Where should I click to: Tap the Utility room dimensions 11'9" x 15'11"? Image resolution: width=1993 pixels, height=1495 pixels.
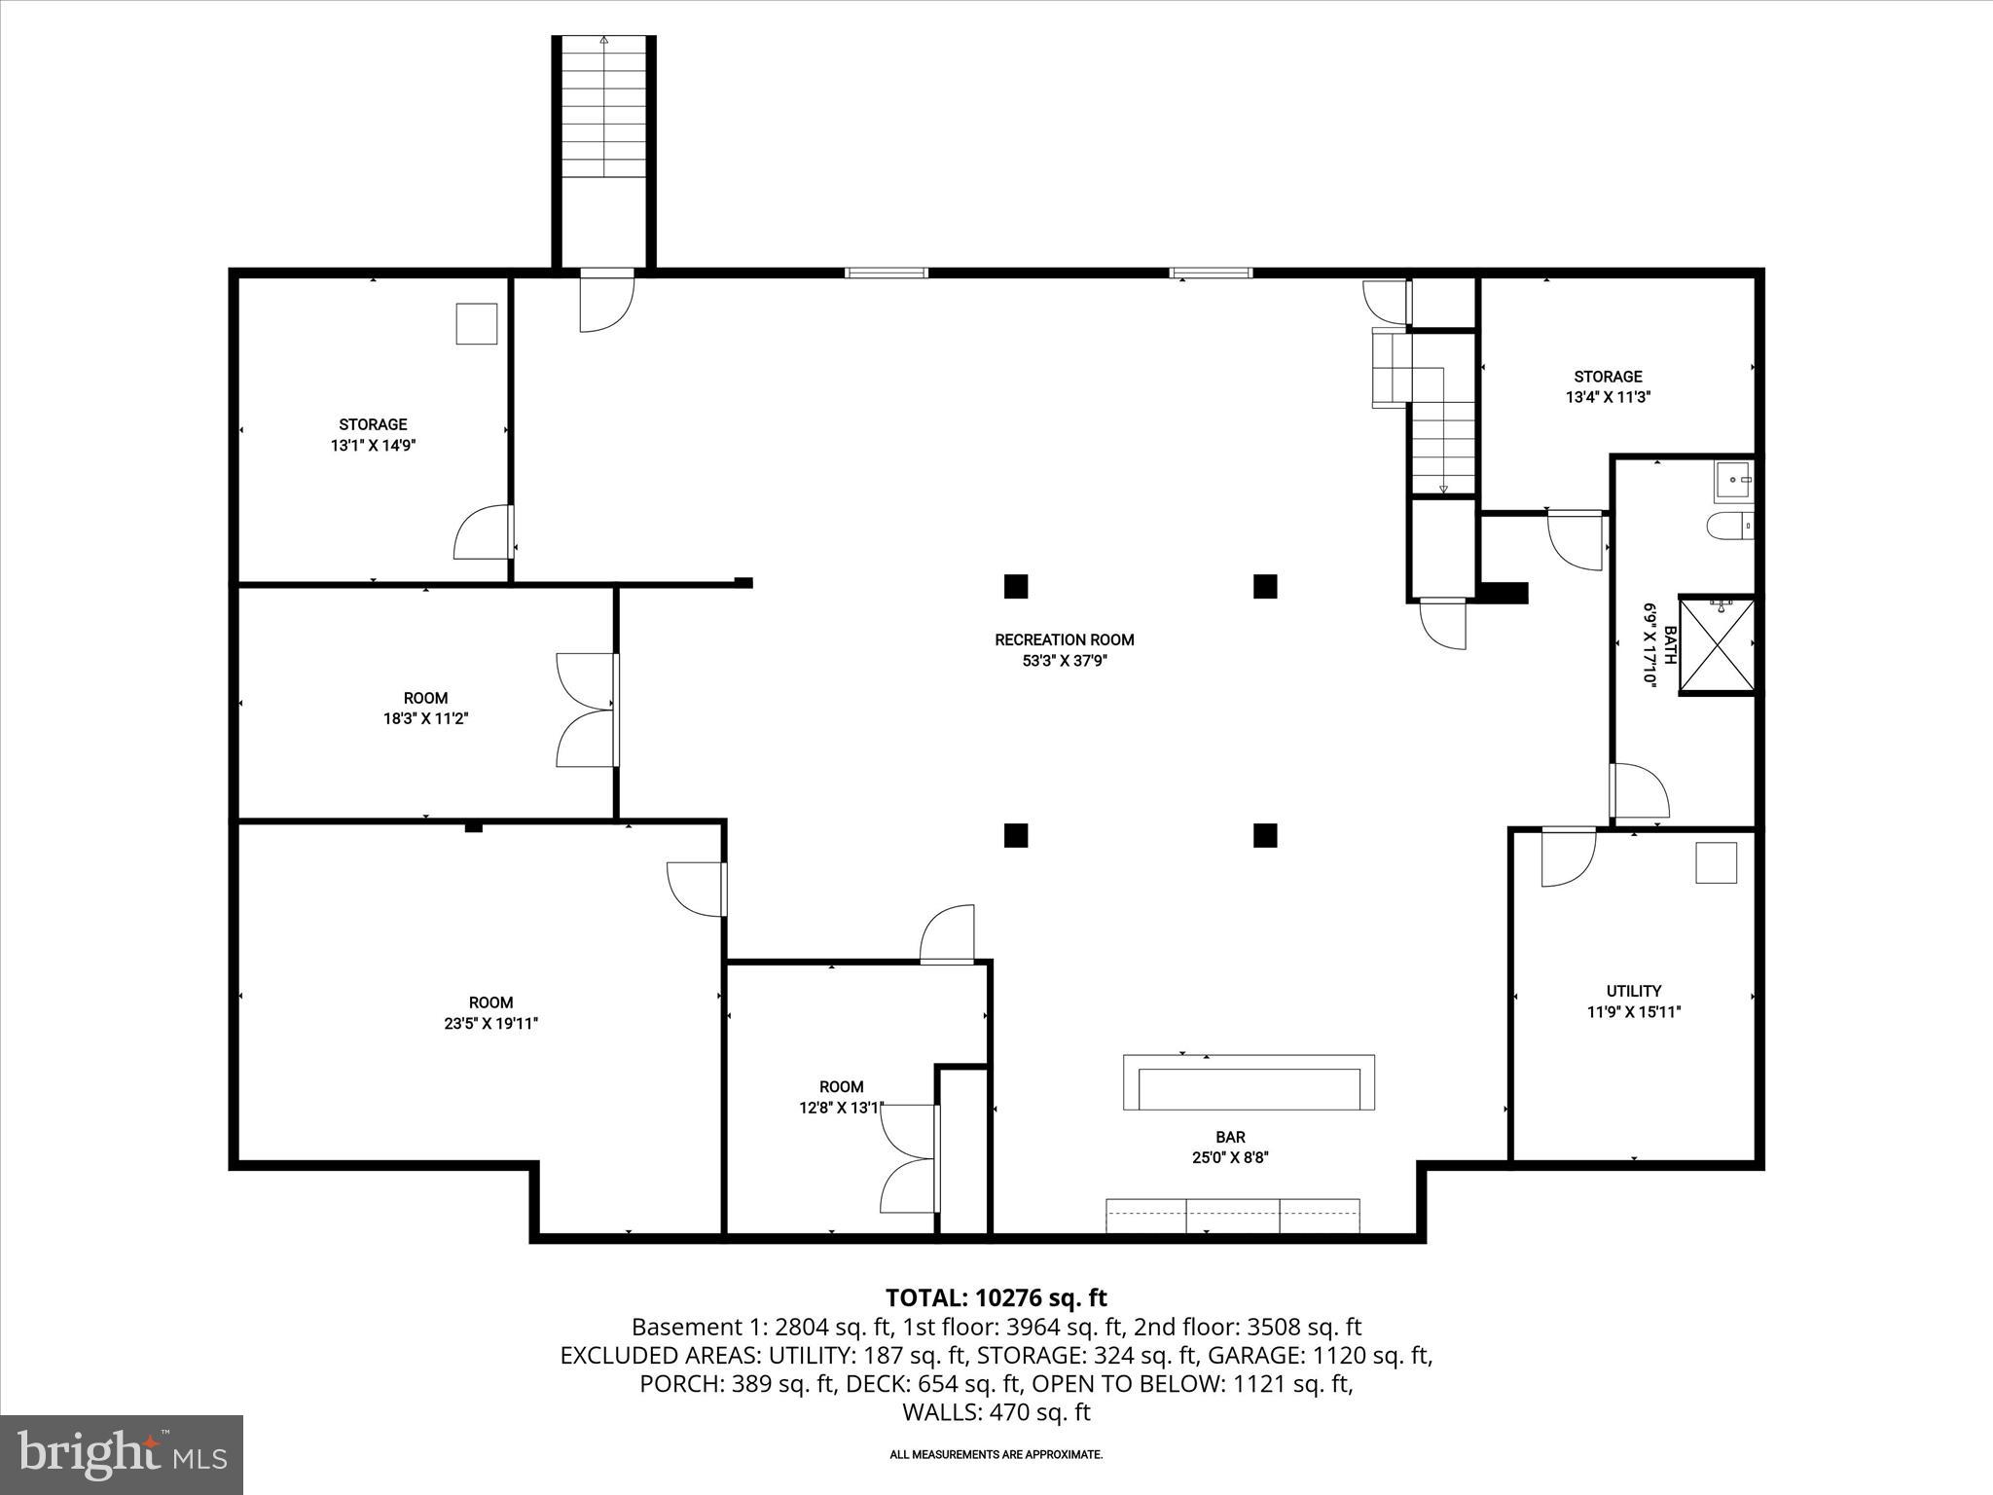[1634, 1012]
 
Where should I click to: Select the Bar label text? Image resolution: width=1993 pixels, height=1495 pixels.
[1230, 1137]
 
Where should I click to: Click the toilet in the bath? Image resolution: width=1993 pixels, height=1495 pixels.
[1728, 527]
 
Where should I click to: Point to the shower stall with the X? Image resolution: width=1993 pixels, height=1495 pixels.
[1718, 645]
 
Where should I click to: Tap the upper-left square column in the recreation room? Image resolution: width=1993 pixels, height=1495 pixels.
[1016, 586]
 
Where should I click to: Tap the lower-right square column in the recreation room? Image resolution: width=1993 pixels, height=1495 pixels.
[1264, 835]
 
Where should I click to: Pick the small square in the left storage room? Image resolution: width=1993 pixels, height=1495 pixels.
[477, 323]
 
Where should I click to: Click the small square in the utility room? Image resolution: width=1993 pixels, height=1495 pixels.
[1716, 862]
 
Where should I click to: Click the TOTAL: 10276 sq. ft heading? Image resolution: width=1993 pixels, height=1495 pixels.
[996, 1297]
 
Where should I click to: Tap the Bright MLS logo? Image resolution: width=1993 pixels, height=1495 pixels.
[122, 1454]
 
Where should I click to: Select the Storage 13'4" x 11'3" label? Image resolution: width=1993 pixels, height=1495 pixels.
[1608, 386]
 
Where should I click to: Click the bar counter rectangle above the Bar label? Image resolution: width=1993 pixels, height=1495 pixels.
[1249, 1082]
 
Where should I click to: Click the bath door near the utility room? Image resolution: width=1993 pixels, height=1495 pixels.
[1640, 791]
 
